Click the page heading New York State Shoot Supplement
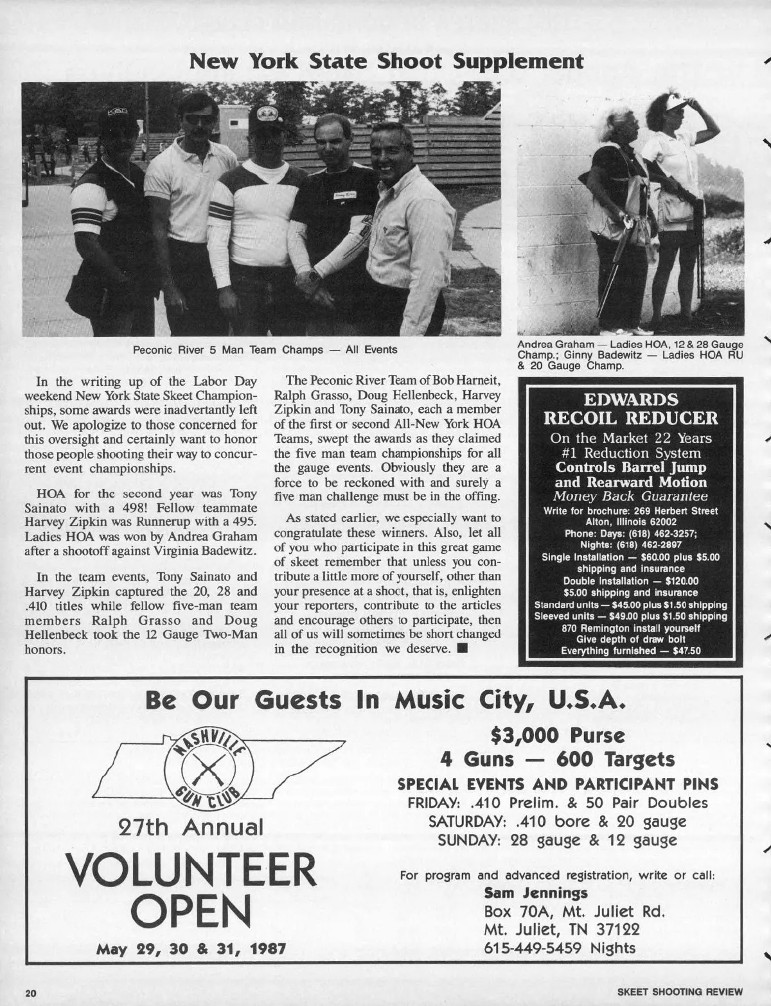[x=385, y=62]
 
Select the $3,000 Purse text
[x=557, y=735]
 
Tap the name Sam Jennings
[x=536, y=892]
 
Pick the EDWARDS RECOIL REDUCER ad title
[x=630, y=409]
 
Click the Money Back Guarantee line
[x=630, y=496]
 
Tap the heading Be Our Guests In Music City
[x=385, y=700]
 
